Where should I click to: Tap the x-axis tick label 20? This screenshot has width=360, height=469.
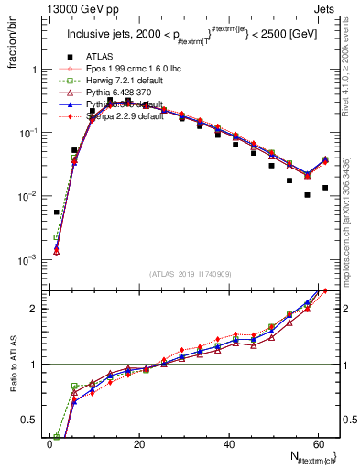tap(139, 443)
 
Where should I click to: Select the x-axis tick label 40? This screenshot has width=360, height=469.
tap(228, 443)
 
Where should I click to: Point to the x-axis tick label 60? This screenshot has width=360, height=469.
tap(317, 443)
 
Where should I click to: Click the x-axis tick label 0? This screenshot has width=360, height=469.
tap(50, 443)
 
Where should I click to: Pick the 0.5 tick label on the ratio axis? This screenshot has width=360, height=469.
tap(30, 419)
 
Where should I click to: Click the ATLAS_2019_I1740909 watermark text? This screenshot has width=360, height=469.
tap(191, 275)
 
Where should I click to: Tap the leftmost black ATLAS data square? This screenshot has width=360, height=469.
tap(57, 213)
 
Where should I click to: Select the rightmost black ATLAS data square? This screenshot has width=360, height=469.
tap(325, 188)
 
